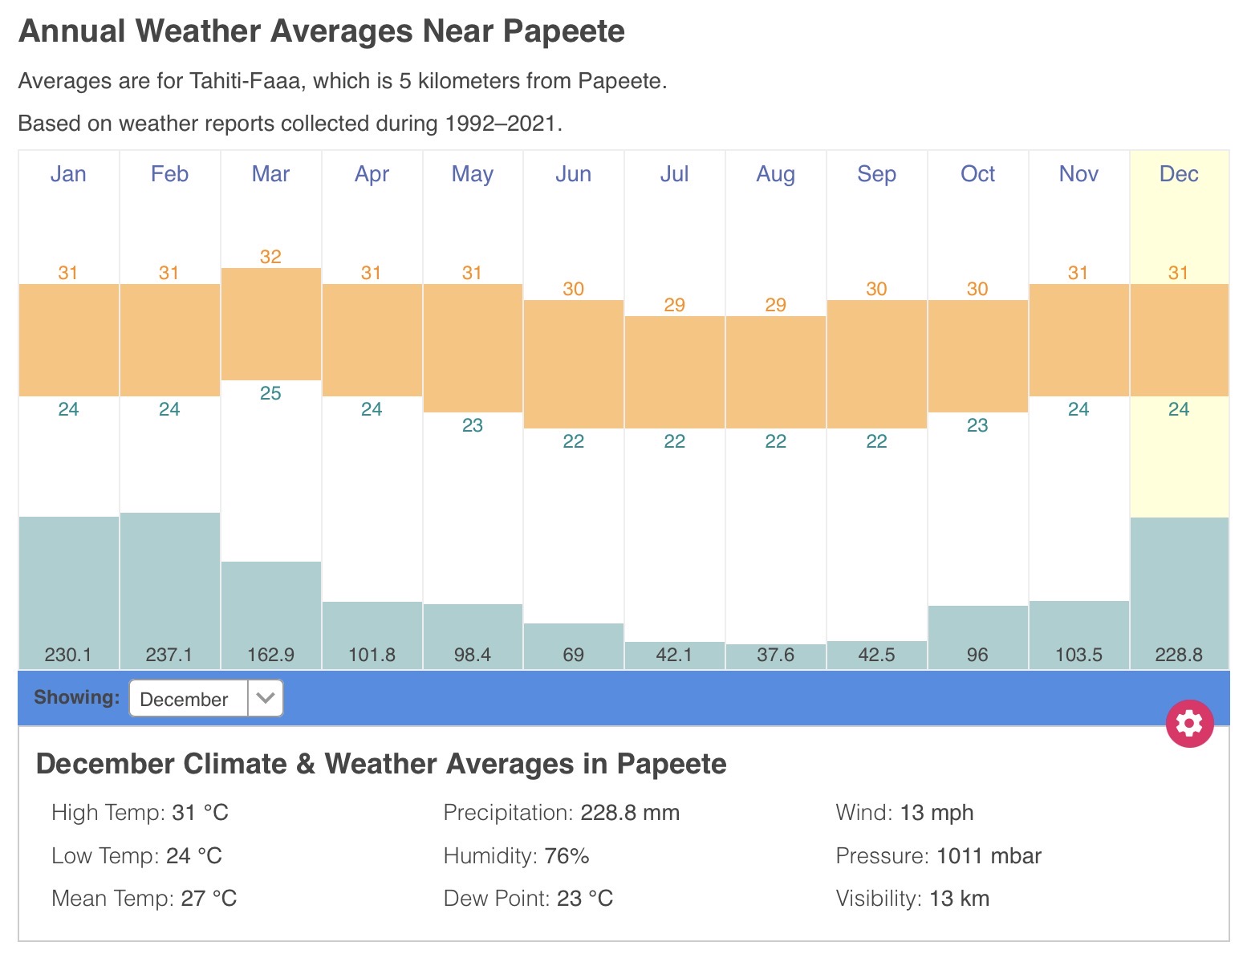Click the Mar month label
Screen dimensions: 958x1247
click(x=270, y=174)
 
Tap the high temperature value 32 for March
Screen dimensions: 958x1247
click(x=270, y=257)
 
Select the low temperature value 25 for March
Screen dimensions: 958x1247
click(x=270, y=393)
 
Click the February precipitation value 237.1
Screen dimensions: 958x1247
click(x=169, y=655)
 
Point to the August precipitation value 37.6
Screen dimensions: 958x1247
click(x=775, y=655)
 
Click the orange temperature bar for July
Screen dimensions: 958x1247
click(x=675, y=371)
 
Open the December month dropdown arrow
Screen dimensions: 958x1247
click(x=266, y=698)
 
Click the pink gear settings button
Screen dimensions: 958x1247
click(x=1189, y=724)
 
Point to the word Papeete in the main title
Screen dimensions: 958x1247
click(x=563, y=31)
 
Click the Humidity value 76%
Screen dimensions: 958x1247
click(x=567, y=856)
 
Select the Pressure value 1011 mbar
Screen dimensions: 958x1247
click(x=989, y=856)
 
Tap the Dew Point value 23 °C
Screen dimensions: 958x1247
click(x=585, y=899)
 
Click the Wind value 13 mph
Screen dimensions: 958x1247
click(x=936, y=813)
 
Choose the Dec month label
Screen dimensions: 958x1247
click(x=1179, y=174)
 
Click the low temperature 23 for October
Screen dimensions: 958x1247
click(x=977, y=425)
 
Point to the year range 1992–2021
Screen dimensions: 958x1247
click(x=501, y=124)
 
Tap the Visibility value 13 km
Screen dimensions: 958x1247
click(x=959, y=899)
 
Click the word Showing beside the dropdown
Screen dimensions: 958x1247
click(x=77, y=697)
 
